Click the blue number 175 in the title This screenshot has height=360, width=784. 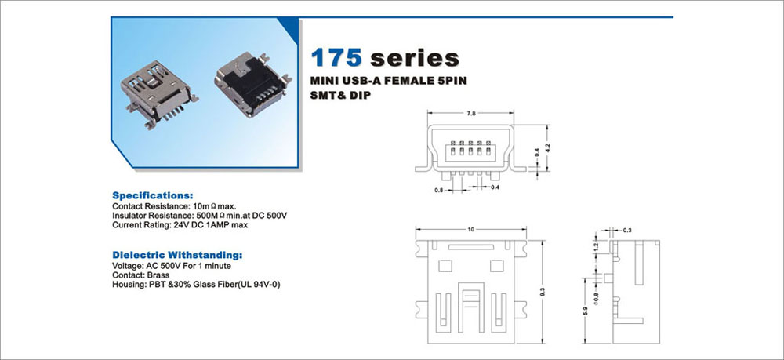coord(336,58)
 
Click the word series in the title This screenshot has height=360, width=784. coord(415,58)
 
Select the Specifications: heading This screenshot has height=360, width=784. coord(153,195)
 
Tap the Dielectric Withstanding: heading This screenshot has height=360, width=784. coord(177,255)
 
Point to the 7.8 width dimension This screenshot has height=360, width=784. coord(470,114)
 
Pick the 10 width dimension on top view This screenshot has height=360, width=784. coord(470,230)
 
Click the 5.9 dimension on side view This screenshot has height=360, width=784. coord(585,311)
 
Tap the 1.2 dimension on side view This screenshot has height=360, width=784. coord(596,246)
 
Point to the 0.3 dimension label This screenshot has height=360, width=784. coord(627,230)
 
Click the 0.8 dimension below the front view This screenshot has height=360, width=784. coord(438,190)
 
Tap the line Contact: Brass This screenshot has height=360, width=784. coord(141,275)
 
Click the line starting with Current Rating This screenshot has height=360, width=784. coord(180,225)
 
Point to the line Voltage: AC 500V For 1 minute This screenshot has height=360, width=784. coord(172,266)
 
